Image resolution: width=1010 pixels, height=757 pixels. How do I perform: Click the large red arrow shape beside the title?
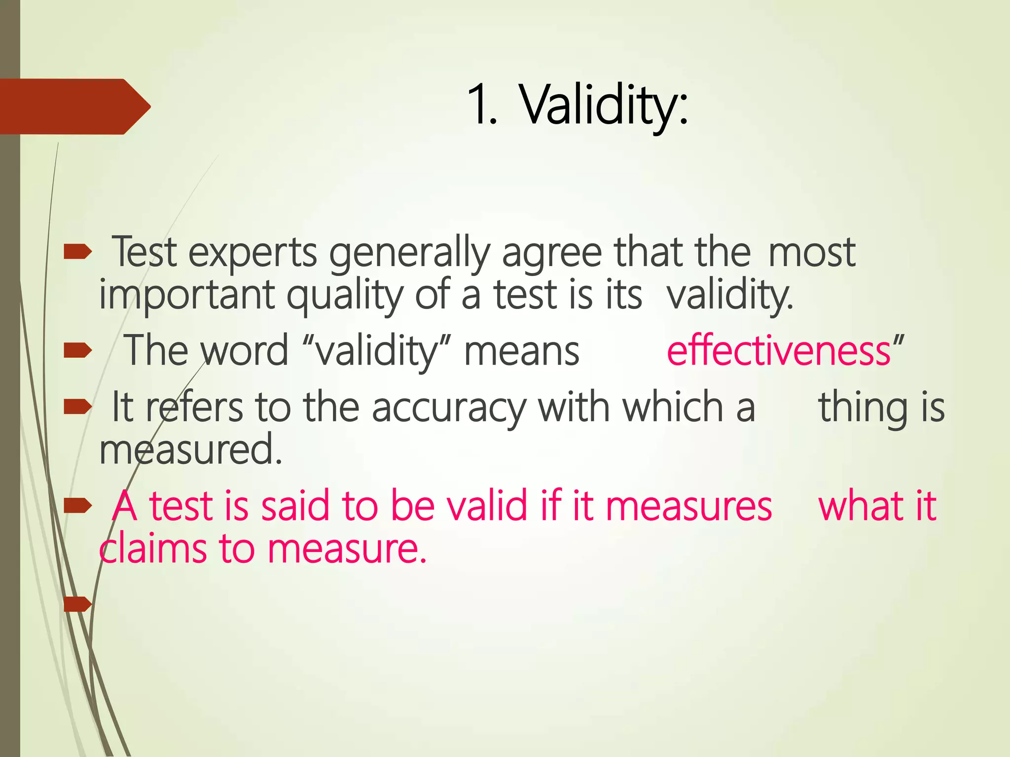74,106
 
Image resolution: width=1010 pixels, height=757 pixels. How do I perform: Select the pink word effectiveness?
778,351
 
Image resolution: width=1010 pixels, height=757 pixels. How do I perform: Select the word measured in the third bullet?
190,449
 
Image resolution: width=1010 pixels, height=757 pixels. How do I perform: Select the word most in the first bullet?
811,253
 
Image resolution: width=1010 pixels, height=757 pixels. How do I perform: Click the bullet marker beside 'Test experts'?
77,252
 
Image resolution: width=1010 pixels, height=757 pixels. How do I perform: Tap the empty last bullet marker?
77,604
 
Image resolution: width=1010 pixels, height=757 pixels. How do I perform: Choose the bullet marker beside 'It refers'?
77,407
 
